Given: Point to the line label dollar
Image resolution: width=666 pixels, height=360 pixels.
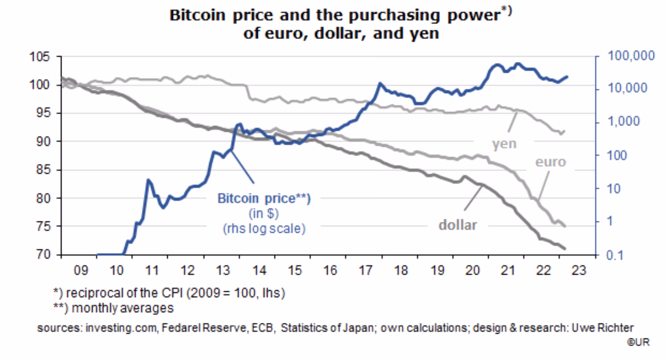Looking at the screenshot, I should [x=457, y=225].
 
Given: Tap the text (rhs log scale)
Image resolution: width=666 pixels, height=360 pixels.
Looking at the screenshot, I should [x=264, y=228].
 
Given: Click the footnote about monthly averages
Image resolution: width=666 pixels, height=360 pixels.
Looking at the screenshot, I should [x=113, y=308].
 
